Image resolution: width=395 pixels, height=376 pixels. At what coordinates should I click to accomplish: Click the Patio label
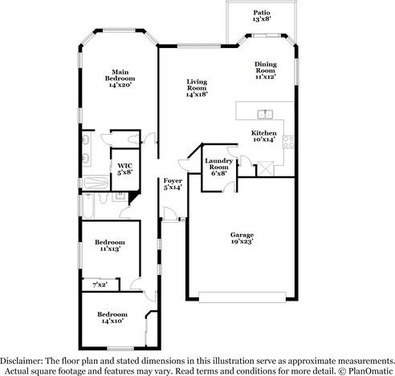[262, 13]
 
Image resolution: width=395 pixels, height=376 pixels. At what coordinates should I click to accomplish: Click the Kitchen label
[264, 133]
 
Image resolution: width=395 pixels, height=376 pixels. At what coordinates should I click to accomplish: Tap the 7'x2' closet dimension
[100, 285]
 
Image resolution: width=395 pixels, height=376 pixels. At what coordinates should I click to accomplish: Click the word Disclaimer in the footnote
[19, 362]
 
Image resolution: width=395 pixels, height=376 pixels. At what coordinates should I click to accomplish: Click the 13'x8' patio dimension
[262, 20]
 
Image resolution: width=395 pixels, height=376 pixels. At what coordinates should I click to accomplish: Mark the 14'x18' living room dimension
[197, 95]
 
